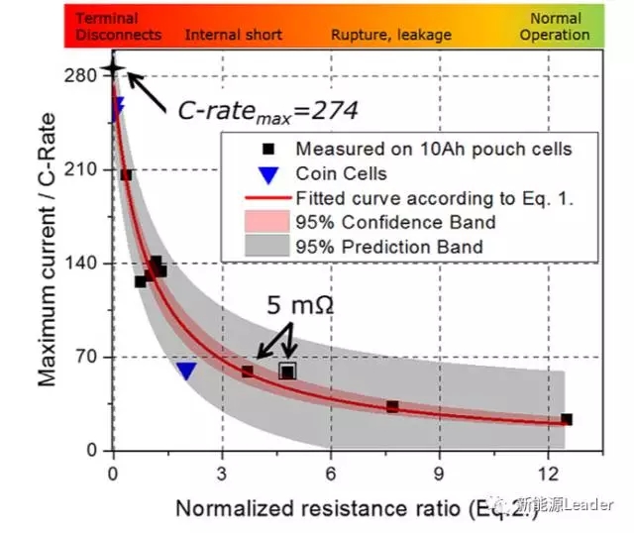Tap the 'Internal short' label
coord(234,35)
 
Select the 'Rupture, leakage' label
coord(391,35)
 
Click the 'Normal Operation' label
coord(556,26)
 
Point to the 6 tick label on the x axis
coord(330,471)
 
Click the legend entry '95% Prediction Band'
coord(389,247)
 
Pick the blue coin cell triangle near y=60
coord(186,371)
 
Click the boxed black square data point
coord(287,372)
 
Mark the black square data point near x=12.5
coord(567,419)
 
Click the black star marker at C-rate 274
coord(113,67)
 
